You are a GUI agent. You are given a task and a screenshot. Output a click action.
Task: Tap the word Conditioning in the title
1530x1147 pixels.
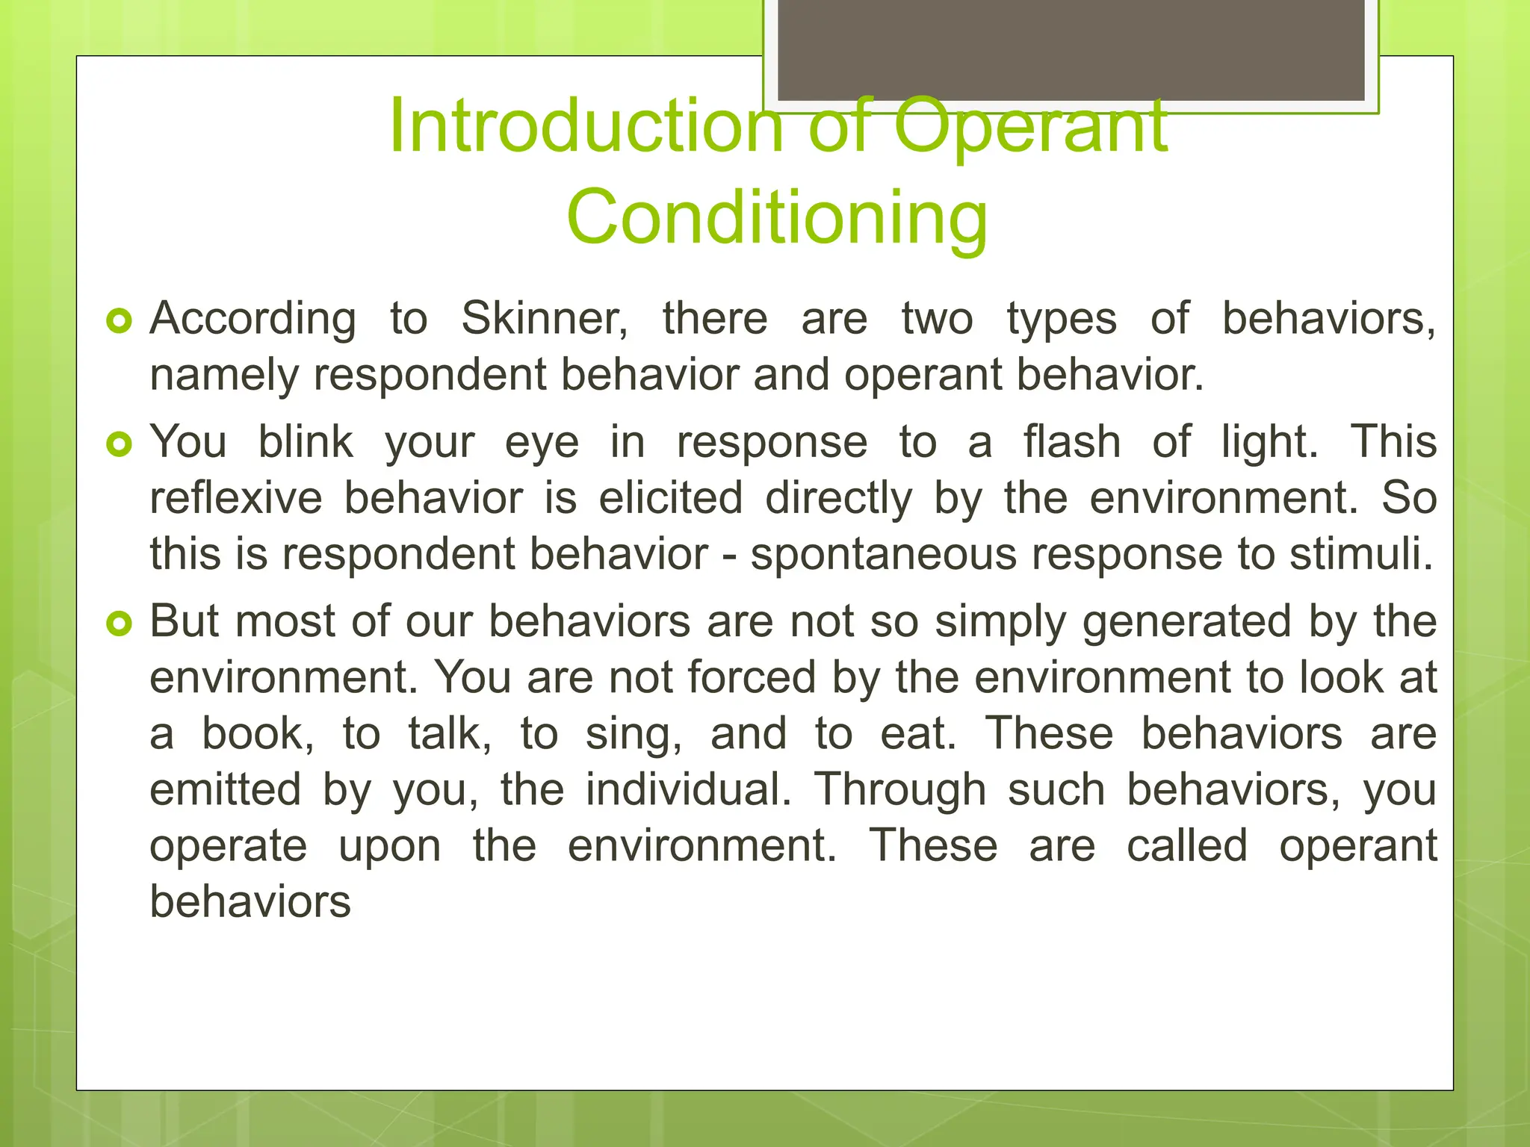pyautogui.click(x=777, y=217)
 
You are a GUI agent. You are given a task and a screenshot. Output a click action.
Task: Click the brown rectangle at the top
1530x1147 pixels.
pyautogui.click(x=1071, y=49)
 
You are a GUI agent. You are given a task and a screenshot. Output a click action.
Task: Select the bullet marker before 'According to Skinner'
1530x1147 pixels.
pyautogui.click(x=120, y=322)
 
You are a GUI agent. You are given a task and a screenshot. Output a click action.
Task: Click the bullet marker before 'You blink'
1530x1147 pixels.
pyautogui.click(x=120, y=445)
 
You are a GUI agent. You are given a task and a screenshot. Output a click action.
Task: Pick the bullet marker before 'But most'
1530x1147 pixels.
pyautogui.click(x=120, y=624)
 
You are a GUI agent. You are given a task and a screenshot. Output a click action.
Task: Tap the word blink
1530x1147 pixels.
pyautogui.click(x=306, y=442)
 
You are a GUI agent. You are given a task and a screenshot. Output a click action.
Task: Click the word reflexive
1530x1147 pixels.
pyautogui.click(x=236, y=498)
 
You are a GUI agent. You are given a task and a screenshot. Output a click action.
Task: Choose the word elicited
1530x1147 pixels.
pyautogui.click(x=671, y=498)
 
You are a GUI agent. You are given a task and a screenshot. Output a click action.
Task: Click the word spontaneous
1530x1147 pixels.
pyautogui.click(x=884, y=555)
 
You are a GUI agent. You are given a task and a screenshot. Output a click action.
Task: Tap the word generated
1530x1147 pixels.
pyautogui.click(x=1186, y=622)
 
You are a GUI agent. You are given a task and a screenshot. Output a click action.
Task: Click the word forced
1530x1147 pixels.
pyautogui.click(x=752, y=678)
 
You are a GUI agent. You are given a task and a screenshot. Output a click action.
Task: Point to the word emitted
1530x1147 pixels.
pyautogui.click(x=225, y=790)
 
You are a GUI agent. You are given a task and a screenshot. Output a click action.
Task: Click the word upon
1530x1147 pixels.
pyautogui.click(x=390, y=847)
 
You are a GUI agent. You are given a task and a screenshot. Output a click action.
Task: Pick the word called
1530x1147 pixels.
pyautogui.click(x=1187, y=846)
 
